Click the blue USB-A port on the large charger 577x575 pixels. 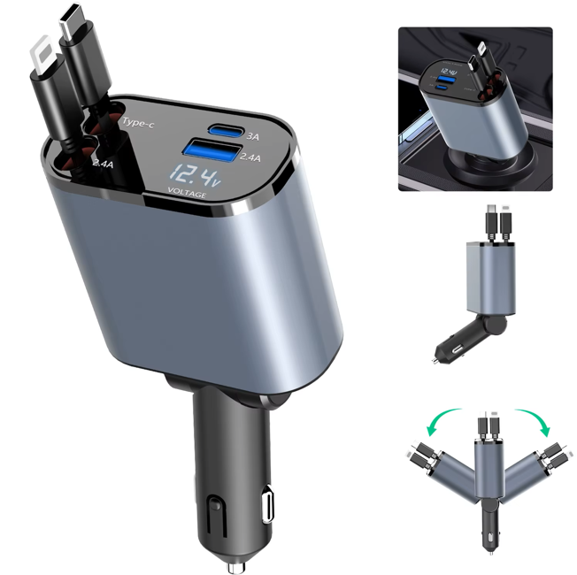[x=212, y=151]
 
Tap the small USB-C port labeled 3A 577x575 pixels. [x=226, y=130]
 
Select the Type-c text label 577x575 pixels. [x=138, y=122]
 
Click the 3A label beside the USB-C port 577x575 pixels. [x=253, y=136]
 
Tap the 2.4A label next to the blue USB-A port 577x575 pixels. [x=250, y=157]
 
